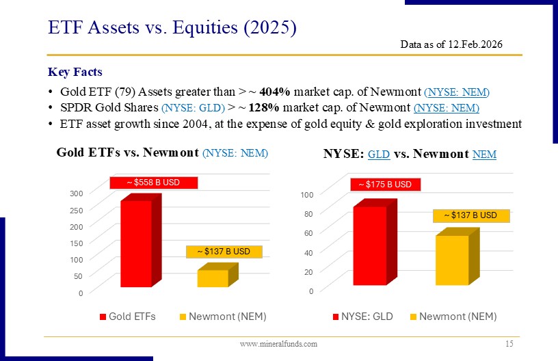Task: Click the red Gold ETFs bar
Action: pyautogui.click(x=136, y=243)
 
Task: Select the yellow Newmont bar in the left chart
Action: pyautogui.click(x=213, y=278)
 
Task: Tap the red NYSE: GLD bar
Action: pyautogui.click(x=370, y=245)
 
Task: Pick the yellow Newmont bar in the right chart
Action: pyautogui.click(x=452, y=260)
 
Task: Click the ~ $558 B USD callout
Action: pyautogui.click(x=154, y=183)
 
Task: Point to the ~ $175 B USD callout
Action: pyautogui.click(x=386, y=184)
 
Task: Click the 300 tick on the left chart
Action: pyautogui.click(x=77, y=193)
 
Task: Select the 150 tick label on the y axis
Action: pyautogui.click(x=77, y=243)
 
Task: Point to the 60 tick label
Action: pyautogui.click(x=310, y=234)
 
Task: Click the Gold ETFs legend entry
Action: pyautogui.click(x=128, y=317)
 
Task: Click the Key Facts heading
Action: pyautogui.click(x=75, y=72)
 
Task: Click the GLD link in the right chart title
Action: pyautogui.click(x=379, y=155)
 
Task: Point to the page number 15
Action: pyautogui.click(x=508, y=343)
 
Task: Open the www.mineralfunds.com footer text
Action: pyautogui.click(x=278, y=344)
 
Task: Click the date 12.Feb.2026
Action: pyautogui.click(x=476, y=44)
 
